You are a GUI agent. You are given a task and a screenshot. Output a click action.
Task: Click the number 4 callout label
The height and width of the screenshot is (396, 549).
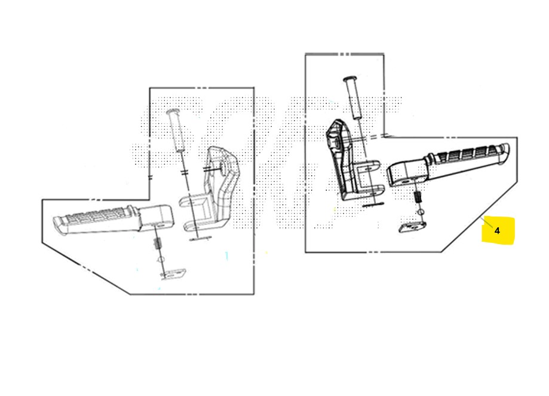coord(497,230)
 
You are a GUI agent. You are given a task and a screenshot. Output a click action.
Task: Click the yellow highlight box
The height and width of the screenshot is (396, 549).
coord(498,230)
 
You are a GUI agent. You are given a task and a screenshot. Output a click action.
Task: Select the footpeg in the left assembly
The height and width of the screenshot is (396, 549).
coord(113,220)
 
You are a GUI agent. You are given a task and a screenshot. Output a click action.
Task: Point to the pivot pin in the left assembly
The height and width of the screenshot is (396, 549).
coord(176,130)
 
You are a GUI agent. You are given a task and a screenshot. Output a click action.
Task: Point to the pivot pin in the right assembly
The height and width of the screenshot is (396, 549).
coord(353,98)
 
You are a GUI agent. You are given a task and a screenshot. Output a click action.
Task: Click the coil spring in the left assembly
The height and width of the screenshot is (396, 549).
coord(158,243)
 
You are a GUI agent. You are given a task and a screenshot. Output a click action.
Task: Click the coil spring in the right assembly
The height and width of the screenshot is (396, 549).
coord(418,197)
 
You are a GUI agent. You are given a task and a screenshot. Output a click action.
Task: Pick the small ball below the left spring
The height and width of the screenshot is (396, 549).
coord(161,260)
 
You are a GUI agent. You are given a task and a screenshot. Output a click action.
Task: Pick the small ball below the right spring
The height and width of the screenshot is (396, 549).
coord(421,212)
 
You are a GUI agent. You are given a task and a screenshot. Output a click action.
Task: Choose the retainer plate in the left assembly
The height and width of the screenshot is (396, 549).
coord(173,274)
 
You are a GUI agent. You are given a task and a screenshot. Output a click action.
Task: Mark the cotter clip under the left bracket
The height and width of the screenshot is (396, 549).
coord(200,239)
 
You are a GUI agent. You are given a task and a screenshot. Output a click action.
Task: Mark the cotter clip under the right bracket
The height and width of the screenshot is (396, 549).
coord(373,205)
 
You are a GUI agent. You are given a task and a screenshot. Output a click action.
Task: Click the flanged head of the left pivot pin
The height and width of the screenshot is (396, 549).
coord(173,112)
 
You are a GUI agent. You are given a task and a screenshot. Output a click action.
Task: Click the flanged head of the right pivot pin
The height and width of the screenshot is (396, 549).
coord(349,79)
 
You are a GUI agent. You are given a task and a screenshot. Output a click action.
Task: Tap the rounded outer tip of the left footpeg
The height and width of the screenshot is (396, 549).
coord(57,224)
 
